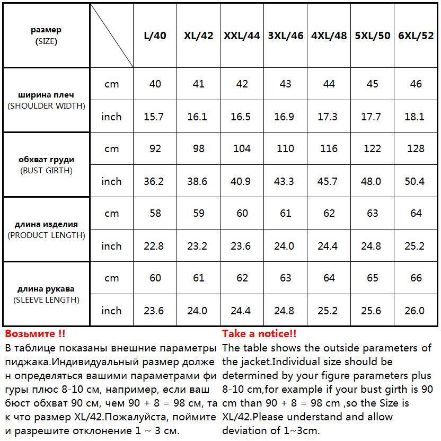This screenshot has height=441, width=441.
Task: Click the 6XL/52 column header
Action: click(416, 36)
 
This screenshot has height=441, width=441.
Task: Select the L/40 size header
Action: click(155, 36)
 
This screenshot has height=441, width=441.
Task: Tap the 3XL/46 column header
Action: click(286, 36)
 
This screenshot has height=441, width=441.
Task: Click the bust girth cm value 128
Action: click(416, 149)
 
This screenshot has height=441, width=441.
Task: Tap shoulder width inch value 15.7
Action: click(154, 117)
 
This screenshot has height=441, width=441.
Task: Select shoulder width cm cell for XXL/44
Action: click(242, 84)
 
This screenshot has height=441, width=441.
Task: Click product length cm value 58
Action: click(155, 214)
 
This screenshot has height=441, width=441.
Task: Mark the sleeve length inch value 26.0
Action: click(414, 311)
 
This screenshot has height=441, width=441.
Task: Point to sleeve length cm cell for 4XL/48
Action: click(329, 278)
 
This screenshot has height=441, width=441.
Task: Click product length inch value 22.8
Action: click(154, 246)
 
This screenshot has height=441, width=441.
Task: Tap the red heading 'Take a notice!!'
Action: click(259, 334)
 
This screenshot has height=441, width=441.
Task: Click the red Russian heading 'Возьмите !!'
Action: click(36, 334)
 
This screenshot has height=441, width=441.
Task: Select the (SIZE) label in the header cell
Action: click(46, 41)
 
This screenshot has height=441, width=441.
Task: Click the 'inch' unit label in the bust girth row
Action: click(111, 181)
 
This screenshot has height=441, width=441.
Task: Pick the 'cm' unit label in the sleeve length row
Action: click(111, 278)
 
